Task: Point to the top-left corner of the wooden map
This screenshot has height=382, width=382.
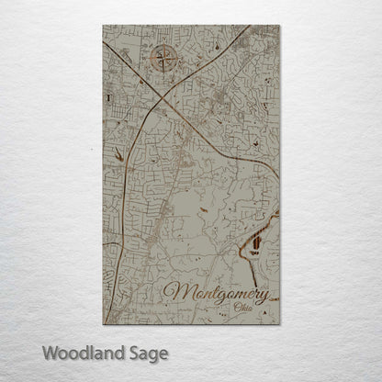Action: pyautogui.click(x=104, y=27)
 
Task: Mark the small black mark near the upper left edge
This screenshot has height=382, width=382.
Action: pyautogui.click(x=108, y=94)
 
